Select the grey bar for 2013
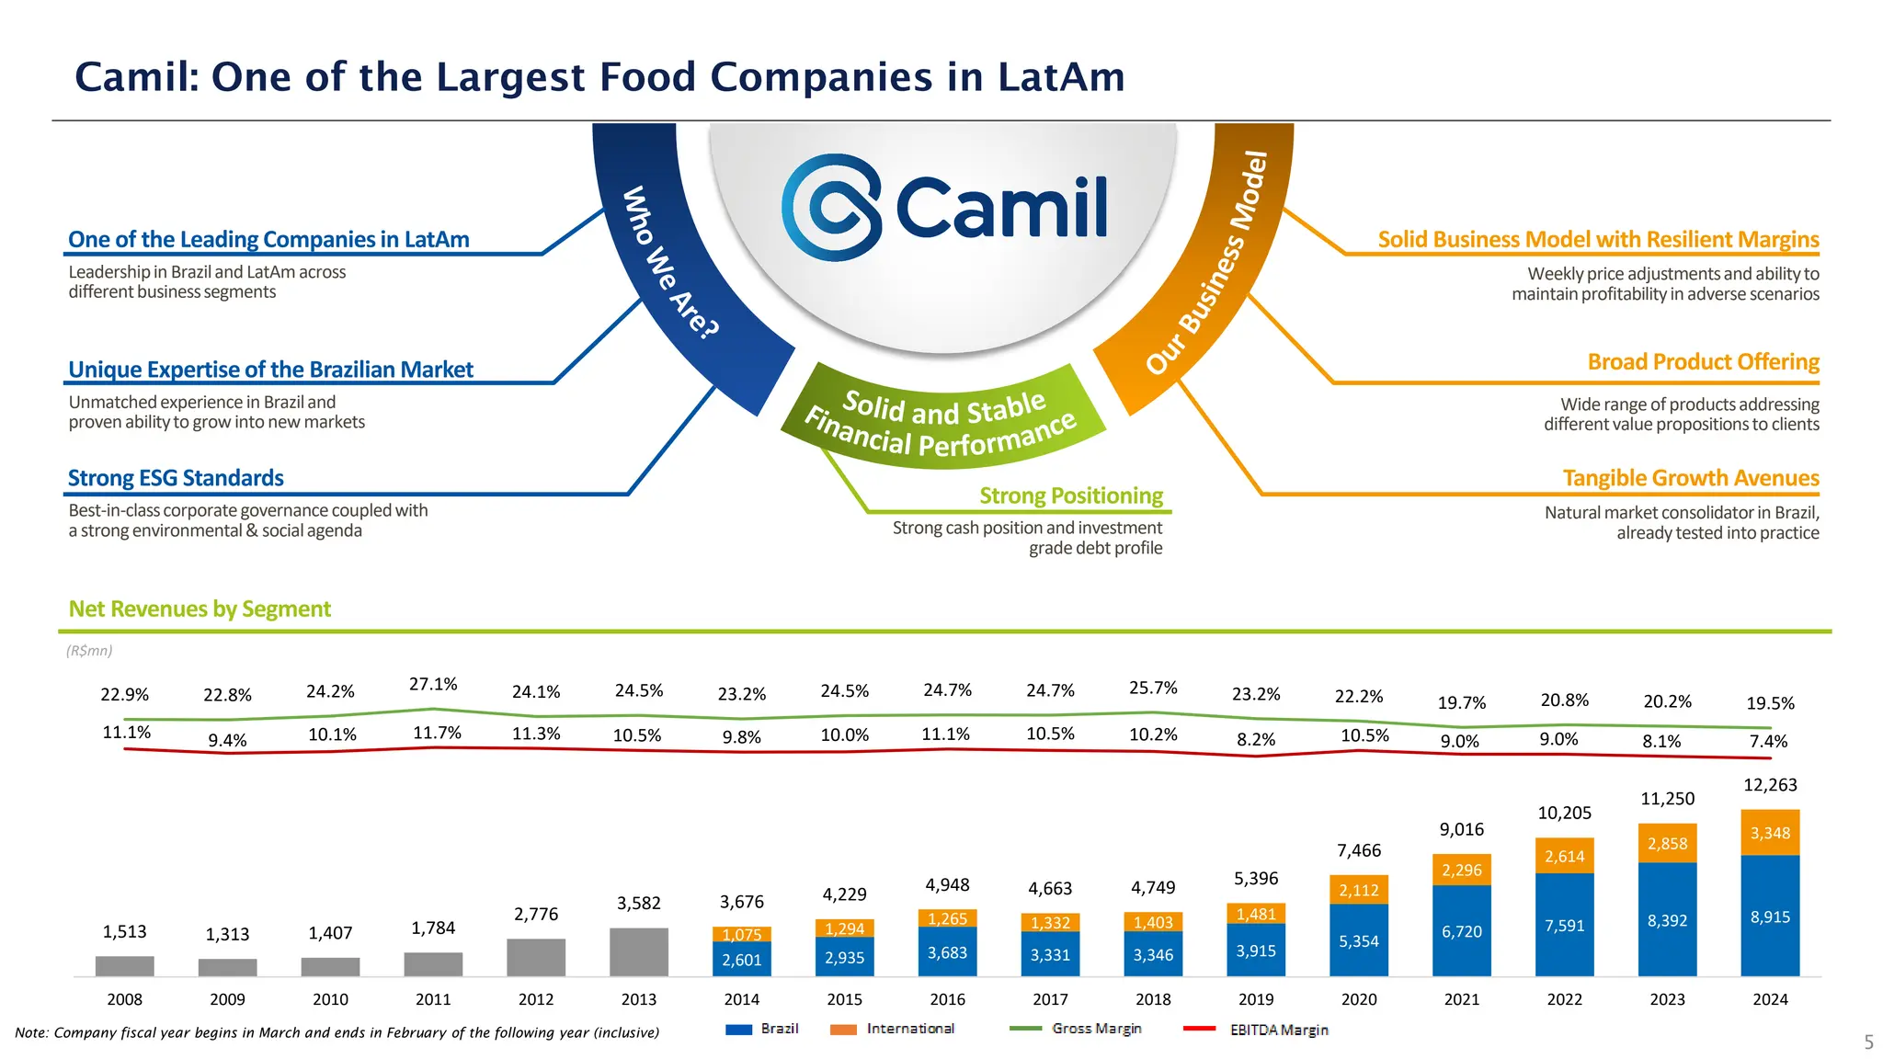(x=639, y=952)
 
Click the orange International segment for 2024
(x=1770, y=833)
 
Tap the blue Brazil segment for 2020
(x=1359, y=940)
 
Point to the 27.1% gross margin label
(x=433, y=684)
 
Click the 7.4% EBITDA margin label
(x=1768, y=741)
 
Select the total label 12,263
(x=1770, y=785)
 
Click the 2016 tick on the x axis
(x=947, y=999)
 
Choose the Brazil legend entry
(x=762, y=1029)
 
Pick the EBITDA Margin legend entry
(x=1256, y=1030)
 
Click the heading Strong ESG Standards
(x=176, y=478)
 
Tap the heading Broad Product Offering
(x=1703, y=362)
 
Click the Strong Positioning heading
(x=1071, y=496)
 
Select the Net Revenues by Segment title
(x=200, y=609)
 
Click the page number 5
(x=1868, y=1042)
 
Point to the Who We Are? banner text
(x=669, y=263)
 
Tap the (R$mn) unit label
(x=89, y=651)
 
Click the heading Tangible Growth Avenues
(x=1690, y=478)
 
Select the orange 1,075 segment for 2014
(x=742, y=934)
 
